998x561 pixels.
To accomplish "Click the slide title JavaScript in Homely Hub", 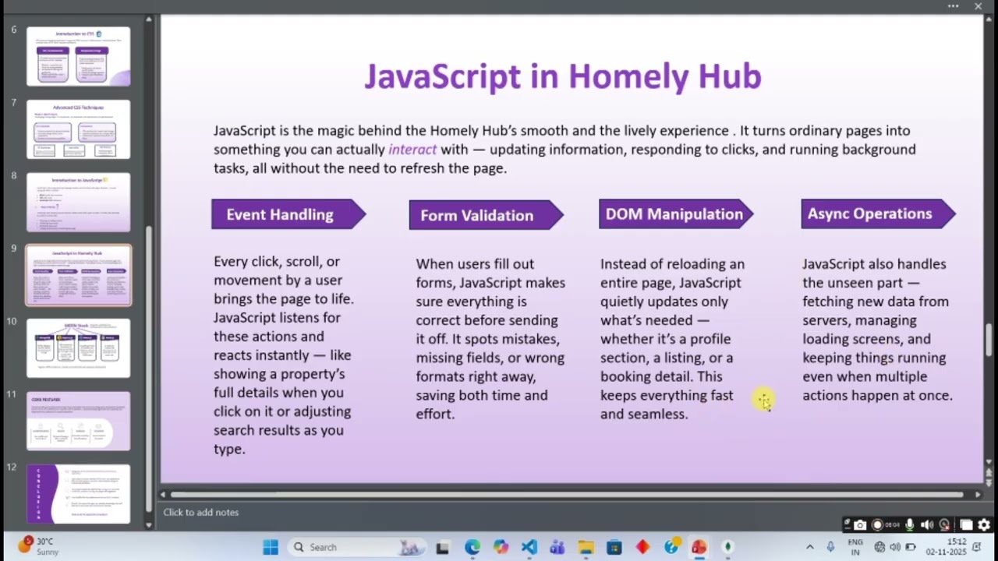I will (x=562, y=76).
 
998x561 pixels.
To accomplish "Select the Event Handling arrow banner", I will (x=281, y=214).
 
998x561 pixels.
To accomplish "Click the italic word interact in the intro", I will (x=412, y=149).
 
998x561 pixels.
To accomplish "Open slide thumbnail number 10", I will (x=78, y=348).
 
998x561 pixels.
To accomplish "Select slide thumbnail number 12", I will (x=78, y=494).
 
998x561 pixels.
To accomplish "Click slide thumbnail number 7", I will (x=78, y=129).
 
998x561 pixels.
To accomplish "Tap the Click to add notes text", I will (x=201, y=512).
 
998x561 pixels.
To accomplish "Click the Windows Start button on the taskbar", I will (x=271, y=547).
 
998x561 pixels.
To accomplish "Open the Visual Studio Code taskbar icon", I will (x=529, y=547).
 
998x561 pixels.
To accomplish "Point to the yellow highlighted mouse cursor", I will (x=764, y=400).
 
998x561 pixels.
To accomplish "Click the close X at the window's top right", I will (x=978, y=6).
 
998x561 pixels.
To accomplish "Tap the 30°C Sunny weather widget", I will (x=39, y=546).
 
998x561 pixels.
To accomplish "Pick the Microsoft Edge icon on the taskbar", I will (x=472, y=547).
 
